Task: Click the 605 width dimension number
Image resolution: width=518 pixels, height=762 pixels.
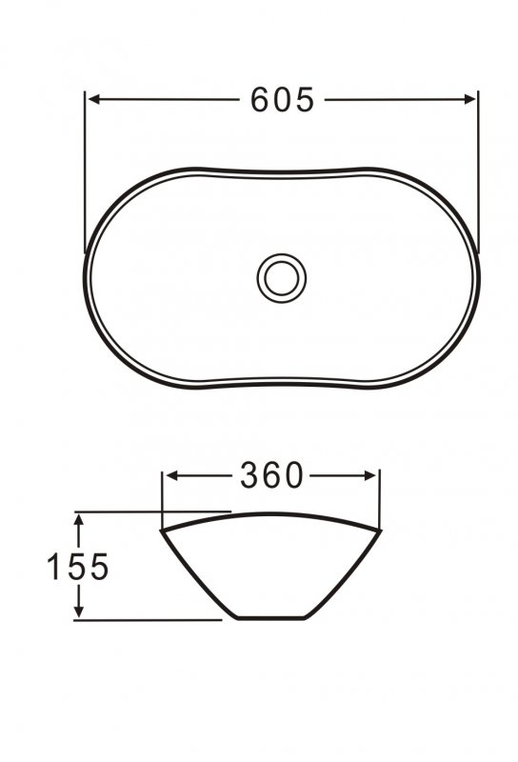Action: pos(282,99)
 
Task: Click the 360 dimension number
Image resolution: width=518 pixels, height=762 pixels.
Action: pos(270,475)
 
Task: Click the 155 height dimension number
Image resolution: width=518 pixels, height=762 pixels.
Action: pos(79,567)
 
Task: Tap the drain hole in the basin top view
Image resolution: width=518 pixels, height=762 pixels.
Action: pos(282,277)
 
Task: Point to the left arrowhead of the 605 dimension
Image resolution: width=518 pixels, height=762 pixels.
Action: pos(92,98)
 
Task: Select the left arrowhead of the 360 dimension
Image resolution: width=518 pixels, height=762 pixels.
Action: pos(169,474)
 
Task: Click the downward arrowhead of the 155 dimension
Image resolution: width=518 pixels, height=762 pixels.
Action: pos(80,612)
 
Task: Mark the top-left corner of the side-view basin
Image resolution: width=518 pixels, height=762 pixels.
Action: pos(161,530)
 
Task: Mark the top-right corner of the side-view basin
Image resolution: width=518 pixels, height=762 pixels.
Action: pos(380,529)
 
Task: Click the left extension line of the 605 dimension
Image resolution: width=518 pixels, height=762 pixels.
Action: pos(86,171)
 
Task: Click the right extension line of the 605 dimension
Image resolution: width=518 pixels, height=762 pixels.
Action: pos(477,171)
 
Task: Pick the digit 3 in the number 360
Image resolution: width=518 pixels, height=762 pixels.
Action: pos(249,475)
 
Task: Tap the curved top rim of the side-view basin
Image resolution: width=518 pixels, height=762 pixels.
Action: pos(270,515)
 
